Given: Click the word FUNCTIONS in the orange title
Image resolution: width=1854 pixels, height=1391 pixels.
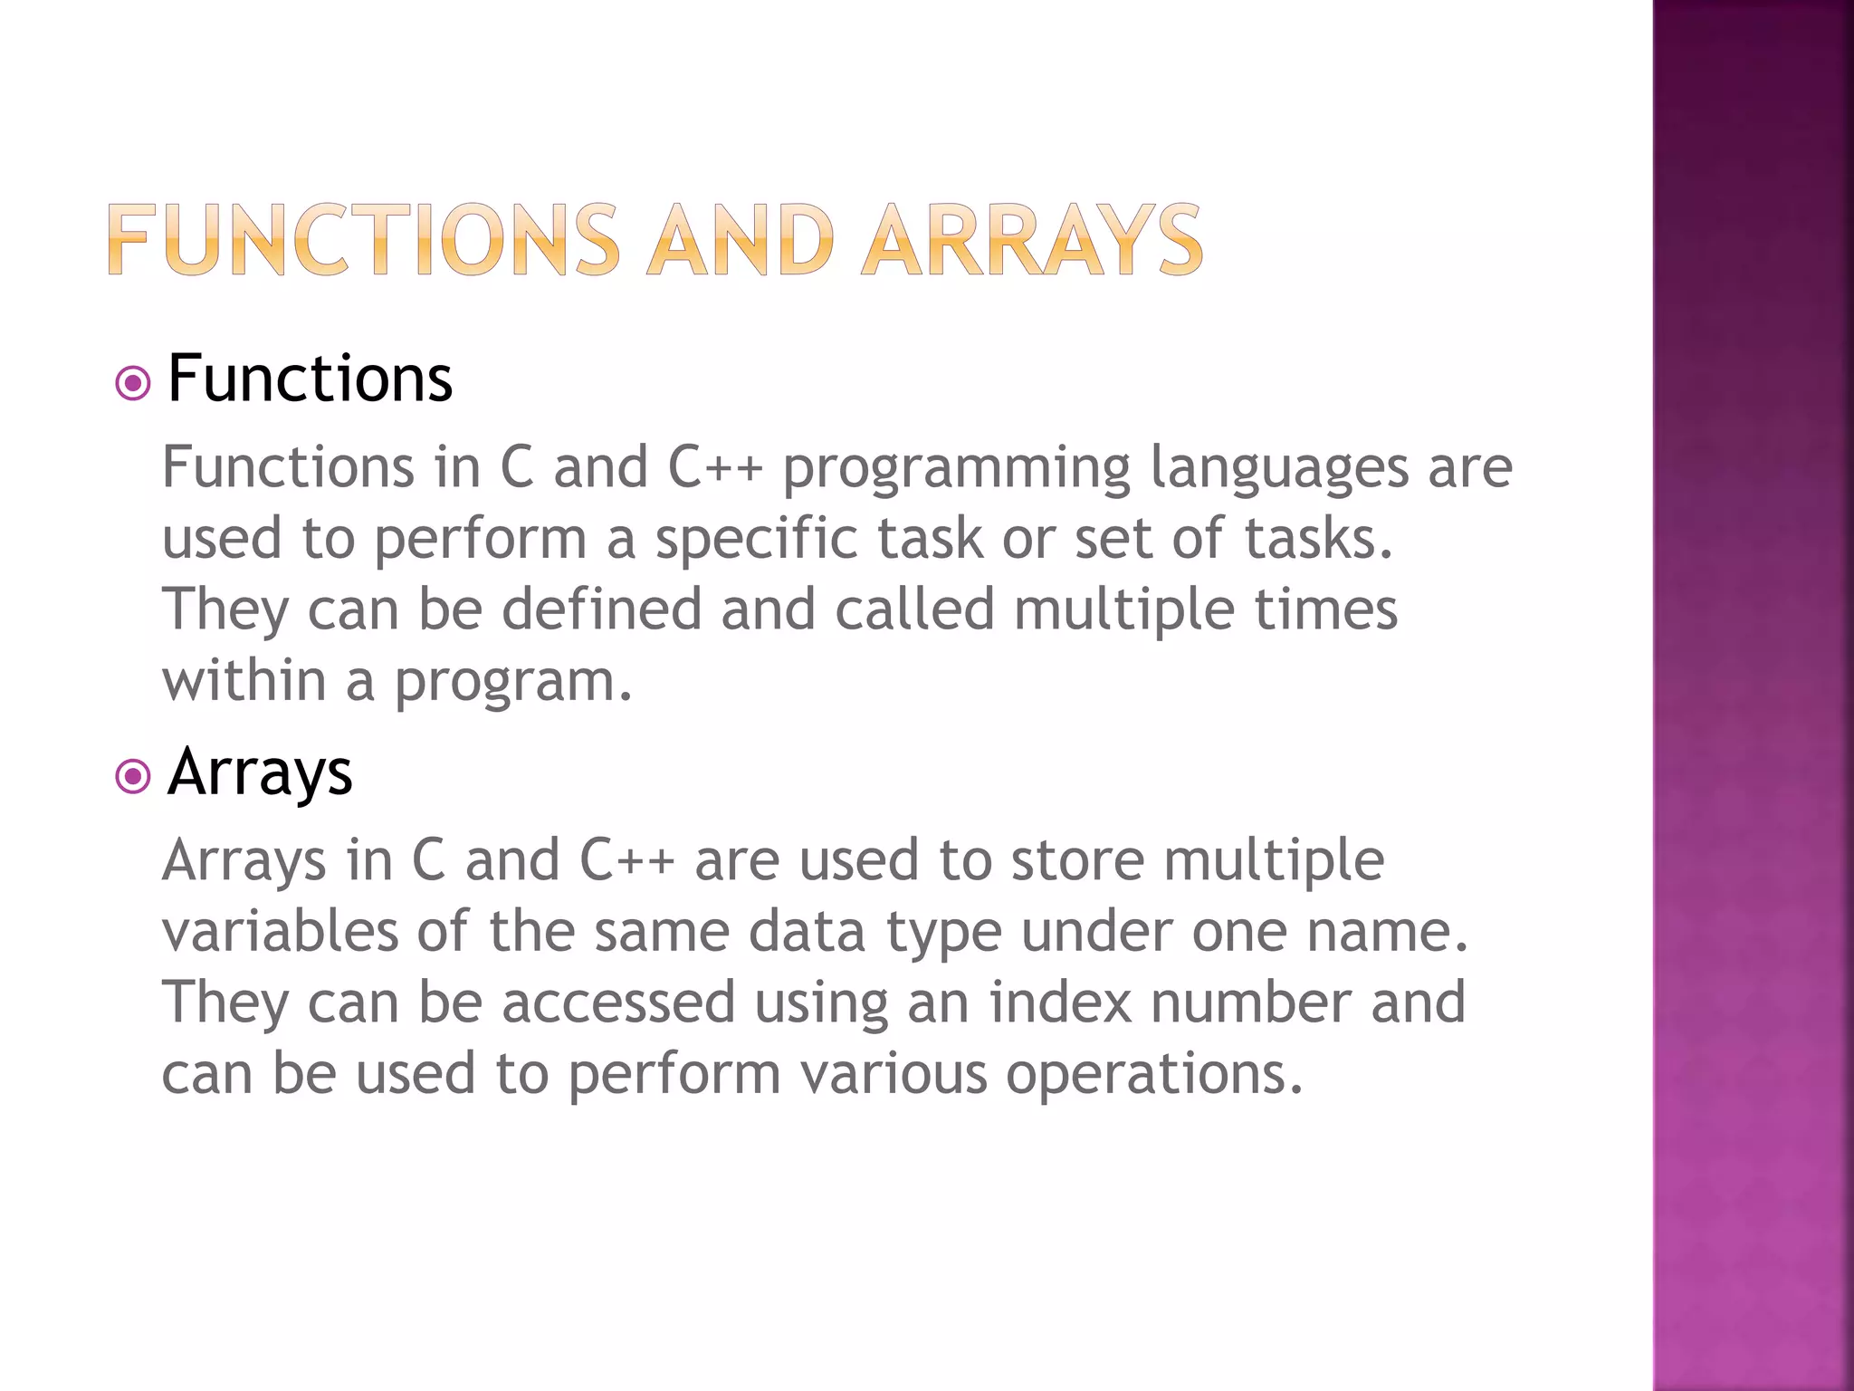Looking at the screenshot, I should [363, 239].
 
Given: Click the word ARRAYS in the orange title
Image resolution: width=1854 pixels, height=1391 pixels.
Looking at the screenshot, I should [1031, 239].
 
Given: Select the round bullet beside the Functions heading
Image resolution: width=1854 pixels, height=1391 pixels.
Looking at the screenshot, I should [133, 383].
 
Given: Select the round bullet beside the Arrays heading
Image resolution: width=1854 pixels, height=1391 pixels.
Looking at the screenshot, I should [133, 777].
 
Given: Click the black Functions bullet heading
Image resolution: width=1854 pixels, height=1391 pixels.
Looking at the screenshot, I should [310, 379].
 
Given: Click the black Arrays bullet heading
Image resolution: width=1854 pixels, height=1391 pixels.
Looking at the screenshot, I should [260, 772].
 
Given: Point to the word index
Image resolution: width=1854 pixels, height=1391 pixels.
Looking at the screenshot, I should [1060, 1002].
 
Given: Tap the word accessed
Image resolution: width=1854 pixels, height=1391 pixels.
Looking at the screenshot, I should [618, 1002].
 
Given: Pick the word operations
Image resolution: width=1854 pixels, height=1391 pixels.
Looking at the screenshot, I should [1154, 1074].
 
